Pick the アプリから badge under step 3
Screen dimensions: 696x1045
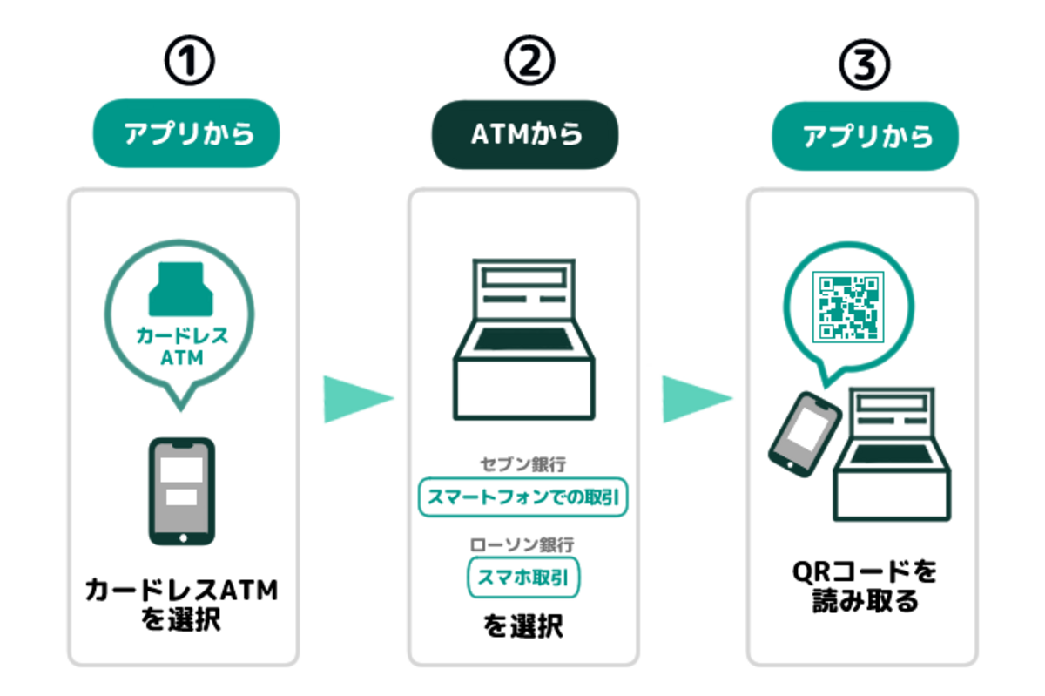coord(866,137)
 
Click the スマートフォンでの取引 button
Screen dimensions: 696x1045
coord(523,497)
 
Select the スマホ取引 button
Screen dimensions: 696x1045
coord(523,577)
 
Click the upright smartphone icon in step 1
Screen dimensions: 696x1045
coord(182,491)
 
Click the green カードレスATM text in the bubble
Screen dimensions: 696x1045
coord(182,346)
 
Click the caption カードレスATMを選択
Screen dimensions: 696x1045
coord(182,605)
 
